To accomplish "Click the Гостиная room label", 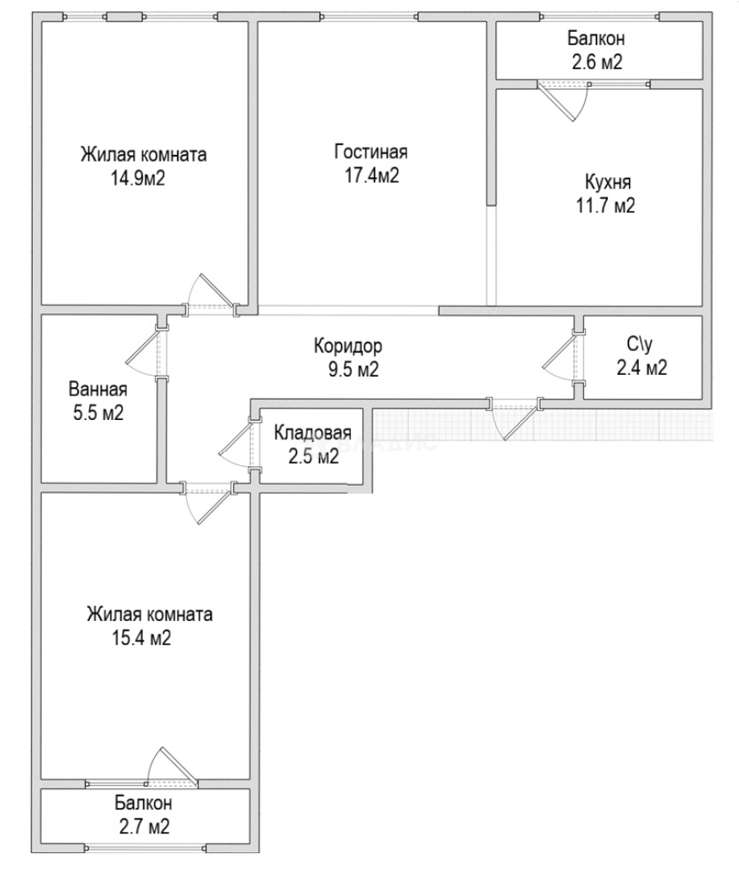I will click(x=371, y=153).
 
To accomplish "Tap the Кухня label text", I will click(x=609, y=182).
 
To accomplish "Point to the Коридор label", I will click(x=348, y=346).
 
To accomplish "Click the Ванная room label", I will click(x=97, y=389).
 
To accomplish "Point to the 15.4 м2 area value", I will click(x=142, y=637).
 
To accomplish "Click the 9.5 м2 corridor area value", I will click(x=348, y=369).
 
